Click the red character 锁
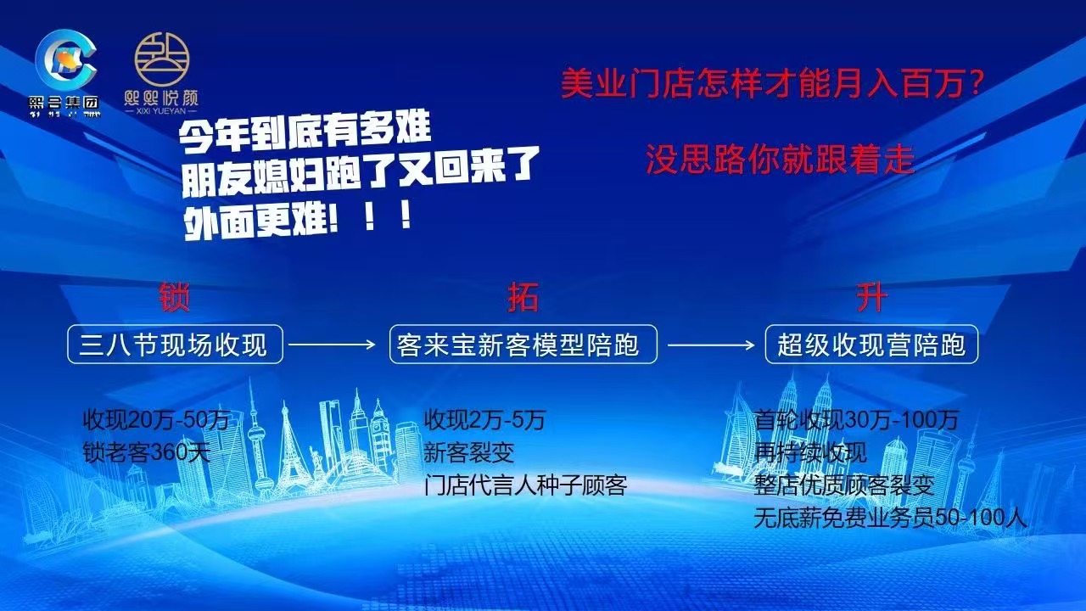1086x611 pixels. pos(174,298)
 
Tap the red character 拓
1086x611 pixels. pos(523,298)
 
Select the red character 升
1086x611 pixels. pos(871,298)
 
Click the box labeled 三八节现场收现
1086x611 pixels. pos(174,344)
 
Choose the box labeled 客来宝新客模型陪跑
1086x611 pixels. pos(523,344)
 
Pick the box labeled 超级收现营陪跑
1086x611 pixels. pos(871,344)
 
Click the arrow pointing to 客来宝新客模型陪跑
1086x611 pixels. pos(332,345)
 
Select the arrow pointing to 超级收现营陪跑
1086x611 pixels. pos(710,345)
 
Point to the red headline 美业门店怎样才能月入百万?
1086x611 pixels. pos(772,84)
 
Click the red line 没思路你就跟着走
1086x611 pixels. pos(780,159)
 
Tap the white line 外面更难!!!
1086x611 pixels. pos(298,219)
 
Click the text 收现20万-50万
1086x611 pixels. pos(156,420)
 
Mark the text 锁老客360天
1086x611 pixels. pos(146,452)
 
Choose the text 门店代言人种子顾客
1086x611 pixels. pos(525,485)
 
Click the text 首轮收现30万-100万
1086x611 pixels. pos(856,420)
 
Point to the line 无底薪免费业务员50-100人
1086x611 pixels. pos(891,518)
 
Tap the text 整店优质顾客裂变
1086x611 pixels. pos(844,485)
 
